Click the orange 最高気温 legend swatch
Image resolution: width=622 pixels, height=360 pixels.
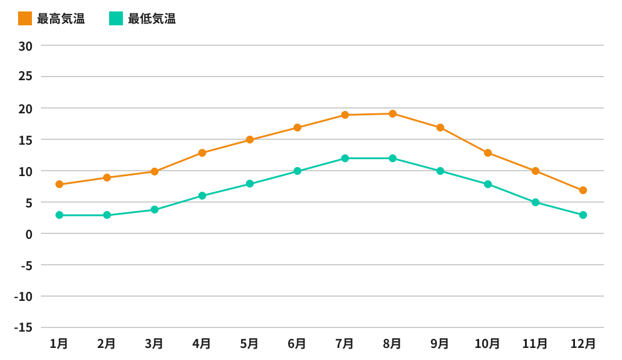[x=25, y=19]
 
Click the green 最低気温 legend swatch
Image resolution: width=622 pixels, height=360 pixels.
[x=116, y=19]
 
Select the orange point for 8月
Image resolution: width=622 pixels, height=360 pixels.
[x=392, y=113]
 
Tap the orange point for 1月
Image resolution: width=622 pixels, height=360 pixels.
[x=59, y=184]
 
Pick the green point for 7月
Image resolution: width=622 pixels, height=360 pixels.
[x=345, y=158]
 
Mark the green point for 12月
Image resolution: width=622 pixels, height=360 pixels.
[x=583, y=215]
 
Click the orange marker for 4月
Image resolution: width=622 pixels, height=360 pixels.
[x=202, y=153]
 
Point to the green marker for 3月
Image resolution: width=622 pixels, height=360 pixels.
[x=154, y=209]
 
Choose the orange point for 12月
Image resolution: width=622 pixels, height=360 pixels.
[x=583, y=190]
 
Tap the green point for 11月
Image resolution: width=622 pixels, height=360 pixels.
[x=535, y=202]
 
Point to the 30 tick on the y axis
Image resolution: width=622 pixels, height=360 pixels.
[x=25, y=46]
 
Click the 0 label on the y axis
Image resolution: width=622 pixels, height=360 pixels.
[x=29, y=234]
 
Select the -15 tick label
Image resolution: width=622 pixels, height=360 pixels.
[x=23, y=327]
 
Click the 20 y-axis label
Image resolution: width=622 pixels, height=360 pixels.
[x=25, y=109]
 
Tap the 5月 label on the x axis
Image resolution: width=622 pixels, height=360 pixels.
[x=250, y=344]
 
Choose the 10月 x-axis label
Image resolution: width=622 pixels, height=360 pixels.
[x=487, y=344]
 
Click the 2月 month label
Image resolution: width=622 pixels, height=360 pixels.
[x=107, y=344]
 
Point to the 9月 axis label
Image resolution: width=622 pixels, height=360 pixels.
[x=440, y=344]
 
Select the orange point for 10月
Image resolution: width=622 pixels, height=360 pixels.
[x=488, y=153]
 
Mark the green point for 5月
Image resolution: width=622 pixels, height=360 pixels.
[x=250, y=183]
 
